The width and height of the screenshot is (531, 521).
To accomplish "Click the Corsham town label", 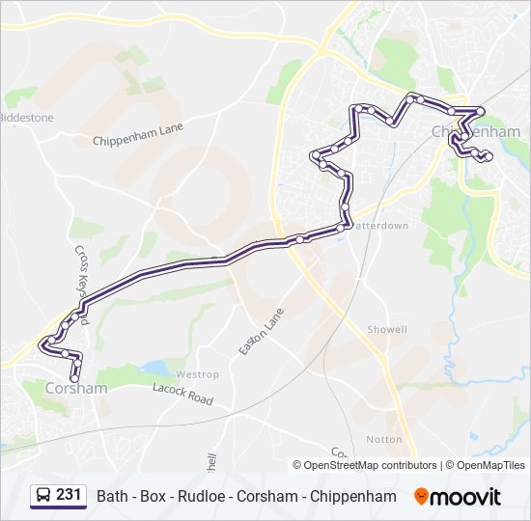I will click(76, 388).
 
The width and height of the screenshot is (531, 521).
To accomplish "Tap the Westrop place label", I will click(198, 374).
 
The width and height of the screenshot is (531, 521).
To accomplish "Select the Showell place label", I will click(386, 329).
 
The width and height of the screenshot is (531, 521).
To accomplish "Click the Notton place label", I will click(383, 439).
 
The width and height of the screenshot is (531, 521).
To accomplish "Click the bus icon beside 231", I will click(43, 496).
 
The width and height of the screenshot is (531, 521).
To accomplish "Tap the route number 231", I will click(69, 495).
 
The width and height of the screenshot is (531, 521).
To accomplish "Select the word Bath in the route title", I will click(112, 496).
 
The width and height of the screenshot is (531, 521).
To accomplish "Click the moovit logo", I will click(458, 496).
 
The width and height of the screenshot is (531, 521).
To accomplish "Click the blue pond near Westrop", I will click(155, 368).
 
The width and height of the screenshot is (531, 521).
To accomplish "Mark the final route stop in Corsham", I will click(76, 378).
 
